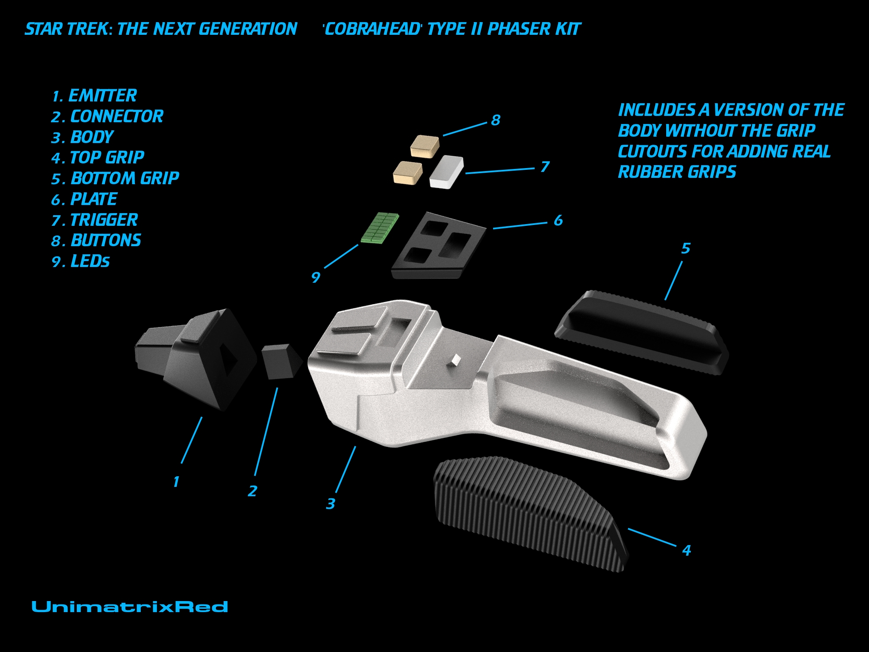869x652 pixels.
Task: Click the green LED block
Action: point(380,228)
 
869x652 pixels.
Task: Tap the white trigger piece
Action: point(446,171)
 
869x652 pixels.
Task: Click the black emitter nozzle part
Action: point(196,359)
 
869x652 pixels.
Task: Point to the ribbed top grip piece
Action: point(530,511)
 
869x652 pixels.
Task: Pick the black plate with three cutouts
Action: point(439,246)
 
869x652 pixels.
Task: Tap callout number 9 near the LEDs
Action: point(315,278)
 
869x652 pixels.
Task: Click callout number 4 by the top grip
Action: point(687,550)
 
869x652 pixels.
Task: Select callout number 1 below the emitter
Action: point(176,482)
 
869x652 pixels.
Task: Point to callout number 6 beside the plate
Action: point(558,220)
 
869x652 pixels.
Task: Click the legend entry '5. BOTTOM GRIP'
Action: point(115,178)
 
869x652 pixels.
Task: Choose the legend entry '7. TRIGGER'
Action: point(95,220)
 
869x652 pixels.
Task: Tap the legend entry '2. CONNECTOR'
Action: point(107,116)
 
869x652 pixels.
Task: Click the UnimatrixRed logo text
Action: point(130,607)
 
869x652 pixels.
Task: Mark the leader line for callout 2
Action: point(266,432)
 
